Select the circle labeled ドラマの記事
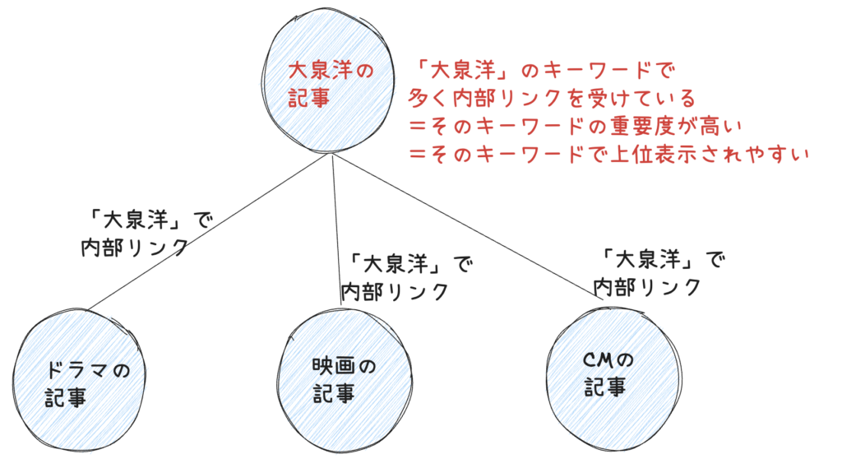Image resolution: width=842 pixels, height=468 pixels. [82, 382]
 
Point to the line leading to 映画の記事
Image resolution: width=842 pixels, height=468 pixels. [336, 230]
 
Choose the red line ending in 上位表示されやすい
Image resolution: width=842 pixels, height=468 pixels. [609, 154]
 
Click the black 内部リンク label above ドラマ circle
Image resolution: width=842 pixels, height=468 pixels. [135, 248]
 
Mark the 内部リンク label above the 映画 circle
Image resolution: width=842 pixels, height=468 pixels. [395, 291]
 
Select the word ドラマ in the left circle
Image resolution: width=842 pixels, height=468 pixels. [78, 371]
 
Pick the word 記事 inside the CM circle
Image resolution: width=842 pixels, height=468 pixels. [604, 387]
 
